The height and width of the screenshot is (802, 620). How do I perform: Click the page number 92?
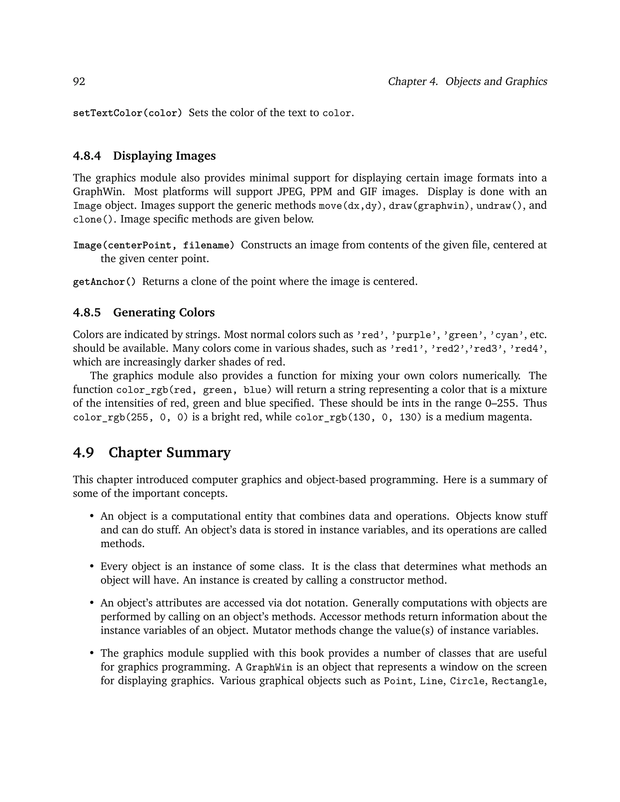(79, 81)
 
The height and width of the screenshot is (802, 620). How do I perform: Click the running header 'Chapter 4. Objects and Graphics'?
(467, 81)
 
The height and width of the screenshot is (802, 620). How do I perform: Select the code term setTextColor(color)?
(127, 113)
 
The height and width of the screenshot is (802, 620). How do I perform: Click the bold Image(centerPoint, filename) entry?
(153, 245)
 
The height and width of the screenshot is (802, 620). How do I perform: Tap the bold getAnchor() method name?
(104, 282)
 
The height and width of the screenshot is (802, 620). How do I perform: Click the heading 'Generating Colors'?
(164, 313)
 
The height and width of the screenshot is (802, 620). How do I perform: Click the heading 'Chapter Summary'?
(169, 452)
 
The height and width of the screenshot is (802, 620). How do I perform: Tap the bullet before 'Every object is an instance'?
(92, 567)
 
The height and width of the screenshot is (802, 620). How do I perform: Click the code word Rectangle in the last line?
(517, 681)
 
